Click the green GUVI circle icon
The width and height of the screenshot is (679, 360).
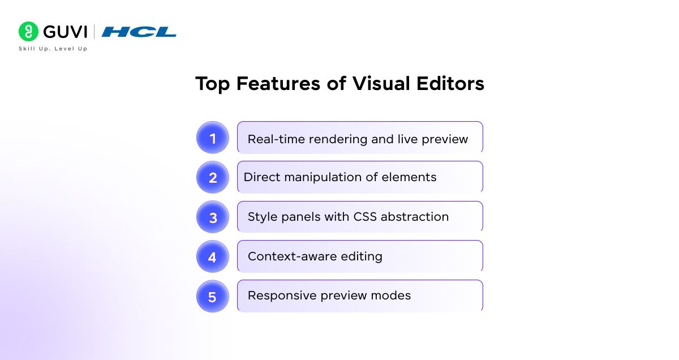[x=28, y=31]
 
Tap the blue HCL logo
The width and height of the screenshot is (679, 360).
[x=139, y=32]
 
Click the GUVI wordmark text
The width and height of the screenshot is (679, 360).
[x=65, y=32]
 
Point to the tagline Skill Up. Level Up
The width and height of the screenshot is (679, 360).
[x=53, y=49]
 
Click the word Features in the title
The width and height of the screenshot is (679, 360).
[x=278, y=83]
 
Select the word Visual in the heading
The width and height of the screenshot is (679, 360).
[x=381, y=83]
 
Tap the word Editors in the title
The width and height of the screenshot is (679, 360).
[x=450, y=83]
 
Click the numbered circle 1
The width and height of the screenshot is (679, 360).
[x=213, y=138]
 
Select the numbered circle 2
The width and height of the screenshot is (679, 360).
[x=213, y=177]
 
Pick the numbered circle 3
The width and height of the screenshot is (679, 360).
[x=213, y=217]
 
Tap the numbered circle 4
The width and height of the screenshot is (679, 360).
[x=213, y=256]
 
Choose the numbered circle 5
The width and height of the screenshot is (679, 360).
[x=213, y=296]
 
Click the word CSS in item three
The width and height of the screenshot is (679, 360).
[x=365, y=217]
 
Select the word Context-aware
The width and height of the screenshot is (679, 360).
[x=292, y=256]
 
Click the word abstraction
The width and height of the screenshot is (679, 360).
[x=414, y=217]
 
